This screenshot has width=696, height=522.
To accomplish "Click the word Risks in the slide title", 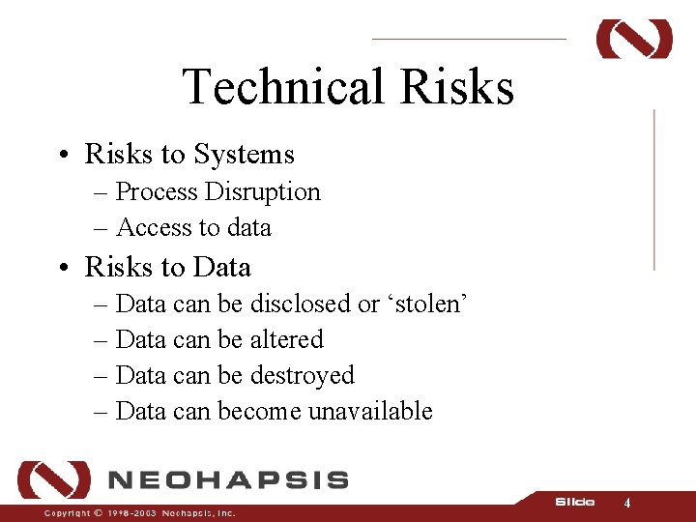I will [456, 87].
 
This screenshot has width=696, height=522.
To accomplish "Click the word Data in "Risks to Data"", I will [221, 267].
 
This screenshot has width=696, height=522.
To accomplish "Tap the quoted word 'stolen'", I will [428, 304].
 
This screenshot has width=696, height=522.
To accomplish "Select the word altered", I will [286, 339].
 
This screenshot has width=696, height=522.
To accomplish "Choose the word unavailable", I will [370, 411].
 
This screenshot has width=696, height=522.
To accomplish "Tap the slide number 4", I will [627, 504].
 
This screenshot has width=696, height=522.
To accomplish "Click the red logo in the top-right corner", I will [634, 39].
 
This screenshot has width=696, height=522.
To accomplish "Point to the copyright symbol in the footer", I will [98, 513].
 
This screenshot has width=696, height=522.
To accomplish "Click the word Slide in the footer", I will [574, 502].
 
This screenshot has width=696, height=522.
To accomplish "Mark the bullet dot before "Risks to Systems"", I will [61, 155].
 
